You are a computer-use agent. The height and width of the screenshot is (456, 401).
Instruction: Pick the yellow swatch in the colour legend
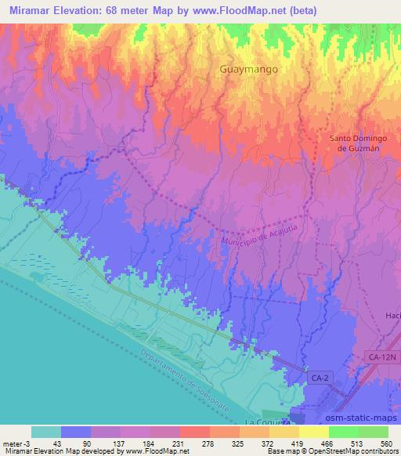click(314, 431)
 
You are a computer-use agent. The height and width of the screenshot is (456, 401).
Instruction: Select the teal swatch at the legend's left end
click(45, 431)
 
